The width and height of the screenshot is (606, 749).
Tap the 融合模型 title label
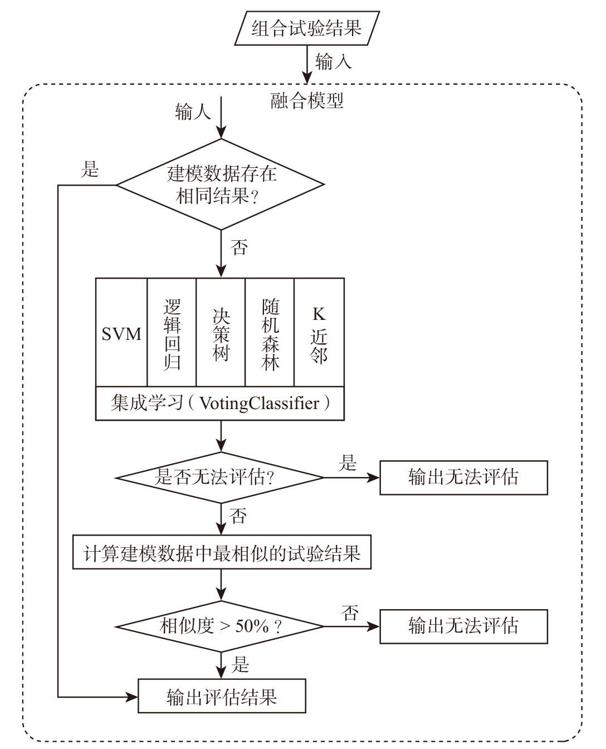click(x=307, y=100)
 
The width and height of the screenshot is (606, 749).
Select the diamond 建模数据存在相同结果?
click(x=221, y=185)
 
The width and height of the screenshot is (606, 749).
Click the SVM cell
click(x=121, y=334)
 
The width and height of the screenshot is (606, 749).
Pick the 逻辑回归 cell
click(x=172, y=334)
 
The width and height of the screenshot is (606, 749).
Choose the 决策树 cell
click(x=221, y=334)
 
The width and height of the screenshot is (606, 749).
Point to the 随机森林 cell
click(x=270, y=334)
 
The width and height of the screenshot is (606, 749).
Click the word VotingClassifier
click(x=260, y=403)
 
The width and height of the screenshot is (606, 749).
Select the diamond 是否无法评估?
click(x=219, y=478)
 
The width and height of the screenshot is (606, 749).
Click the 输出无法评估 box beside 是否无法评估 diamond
click(x=463, y=478)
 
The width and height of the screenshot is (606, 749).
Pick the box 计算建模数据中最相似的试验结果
click(x=222, y=553)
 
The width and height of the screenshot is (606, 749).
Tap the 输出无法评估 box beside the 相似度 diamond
click(x=463, y=626)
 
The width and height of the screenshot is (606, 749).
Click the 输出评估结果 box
click(x=222, y=696)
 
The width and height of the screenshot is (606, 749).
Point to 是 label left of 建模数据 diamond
click(x=90, y=169)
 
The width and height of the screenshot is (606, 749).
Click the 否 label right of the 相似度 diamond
click(x=349, y=614)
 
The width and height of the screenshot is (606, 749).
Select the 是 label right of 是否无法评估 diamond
click(x=348, y=463)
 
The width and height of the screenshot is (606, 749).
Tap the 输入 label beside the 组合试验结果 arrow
click(x=334, y=61)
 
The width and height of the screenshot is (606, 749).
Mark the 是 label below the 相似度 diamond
click(x=240, y=664)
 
